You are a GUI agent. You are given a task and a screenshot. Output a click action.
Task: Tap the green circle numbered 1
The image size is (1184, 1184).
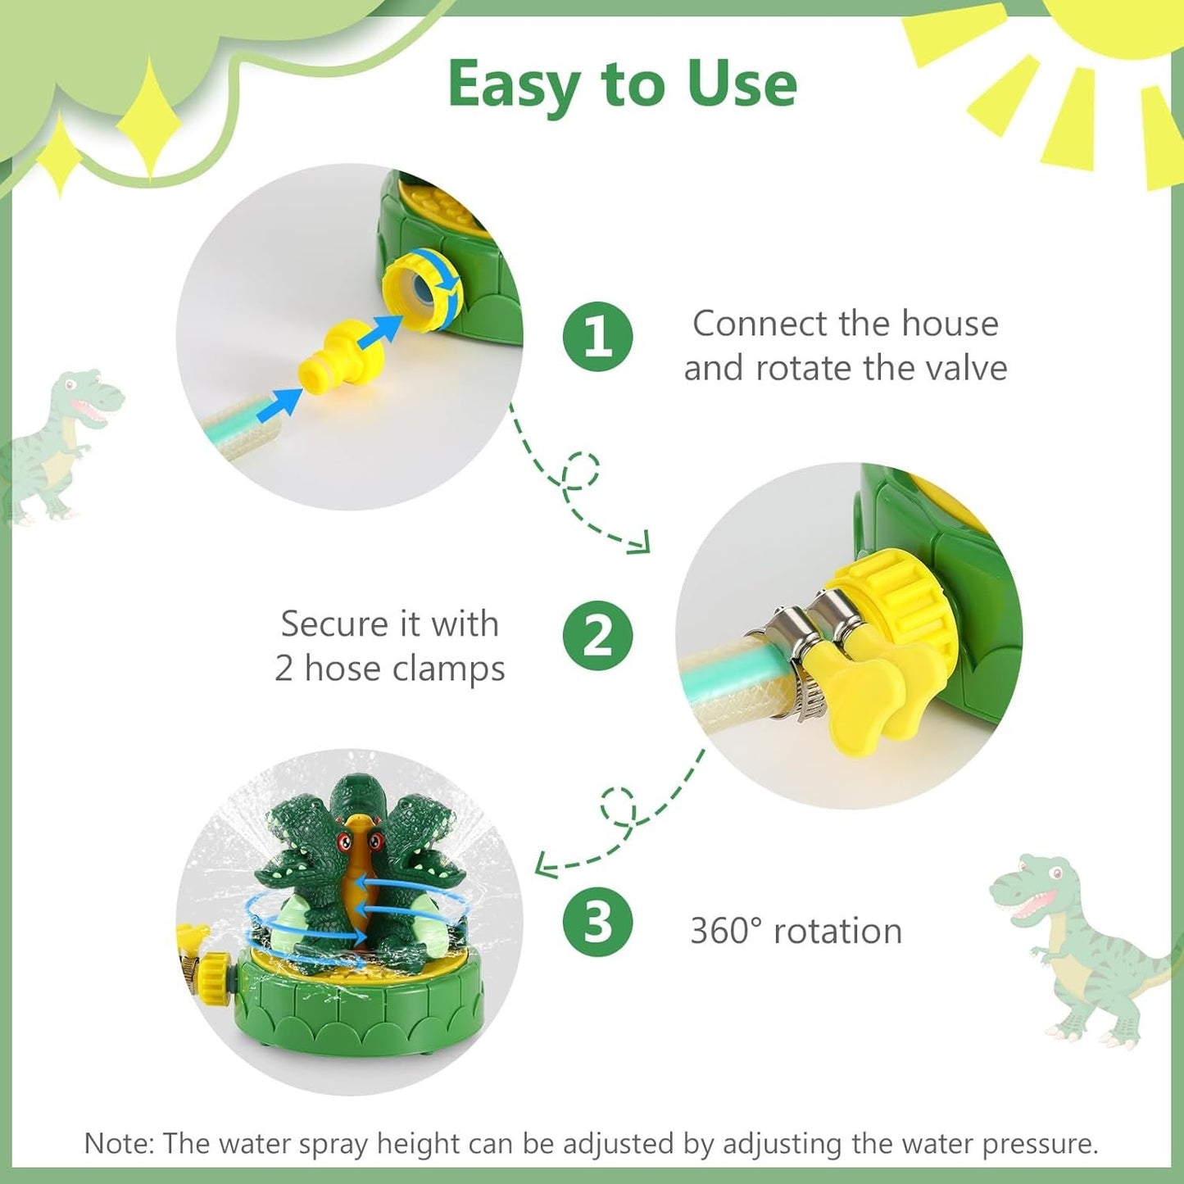click(x=597, y=336)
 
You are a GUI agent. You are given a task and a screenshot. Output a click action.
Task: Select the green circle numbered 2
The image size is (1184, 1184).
click(x=597, y=636)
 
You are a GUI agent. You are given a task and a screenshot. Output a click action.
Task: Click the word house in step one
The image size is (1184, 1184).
click(x=950, y=324)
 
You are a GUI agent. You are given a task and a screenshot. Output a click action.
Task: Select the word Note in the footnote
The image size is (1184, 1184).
click(x=118, y=1143)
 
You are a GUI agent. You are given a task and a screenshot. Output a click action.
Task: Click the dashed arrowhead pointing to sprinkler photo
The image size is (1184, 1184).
click(x=544, y=864)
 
